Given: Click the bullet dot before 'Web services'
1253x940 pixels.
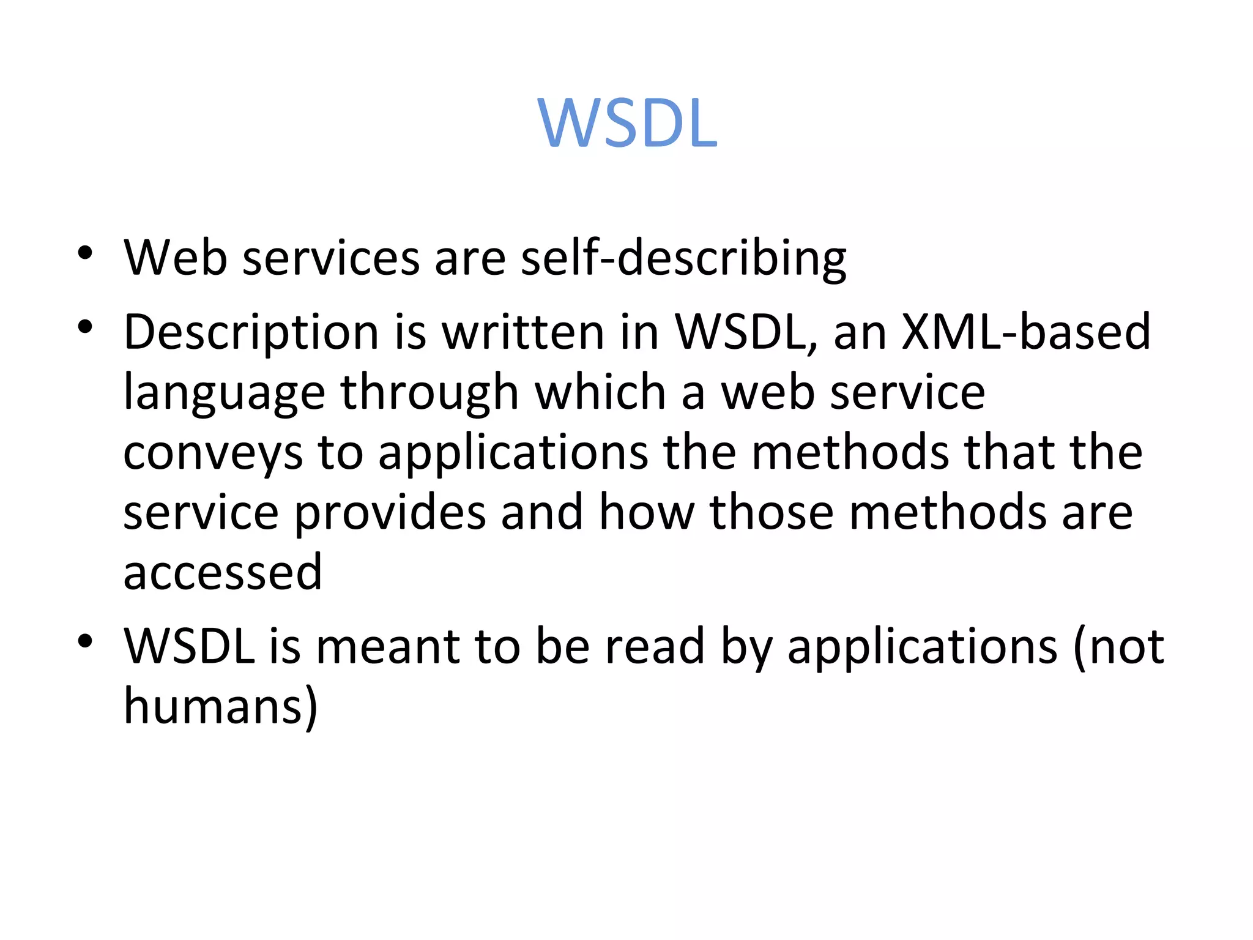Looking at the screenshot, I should pos(85,252).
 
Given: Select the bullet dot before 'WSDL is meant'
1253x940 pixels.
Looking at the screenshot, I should pos(85,641).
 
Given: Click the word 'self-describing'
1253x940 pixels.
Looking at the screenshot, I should pos(683,258).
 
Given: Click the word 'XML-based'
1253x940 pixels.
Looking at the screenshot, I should pos(1026,332).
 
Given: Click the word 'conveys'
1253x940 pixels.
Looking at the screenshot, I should pos(213,453).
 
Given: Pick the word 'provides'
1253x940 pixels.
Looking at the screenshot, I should pos(390,513).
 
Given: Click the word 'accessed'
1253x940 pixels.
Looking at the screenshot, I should pos(223,572).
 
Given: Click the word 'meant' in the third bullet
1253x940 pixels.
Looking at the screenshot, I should pos(388,646).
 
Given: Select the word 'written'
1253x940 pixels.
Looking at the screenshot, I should pos(523,332).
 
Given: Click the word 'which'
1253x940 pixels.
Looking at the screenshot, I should pos(600,392).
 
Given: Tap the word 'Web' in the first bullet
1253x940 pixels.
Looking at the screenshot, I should pos(176,258).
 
